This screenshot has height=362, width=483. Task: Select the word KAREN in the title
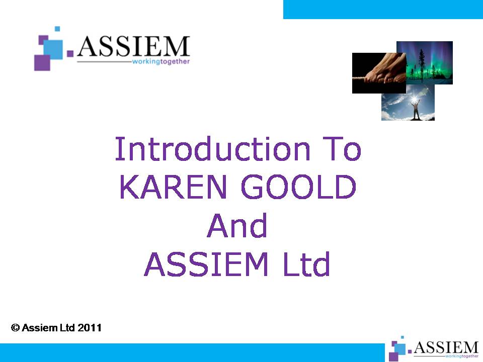[173, 187]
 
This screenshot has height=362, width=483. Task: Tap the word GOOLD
[298, 187]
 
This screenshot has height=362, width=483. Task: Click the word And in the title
[237, 225]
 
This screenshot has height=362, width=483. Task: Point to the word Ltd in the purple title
[306, 264]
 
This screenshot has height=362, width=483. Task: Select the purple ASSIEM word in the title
[206, 264]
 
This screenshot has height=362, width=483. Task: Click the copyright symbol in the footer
[16, 327]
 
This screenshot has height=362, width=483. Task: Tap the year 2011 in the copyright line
[90, 327]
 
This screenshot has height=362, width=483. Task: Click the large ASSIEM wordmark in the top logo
[133, 46]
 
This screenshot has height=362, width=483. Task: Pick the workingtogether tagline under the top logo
[161, 61]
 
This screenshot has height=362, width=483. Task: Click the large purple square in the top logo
[42, 62]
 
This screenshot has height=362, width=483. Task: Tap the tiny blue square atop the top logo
[57, 29]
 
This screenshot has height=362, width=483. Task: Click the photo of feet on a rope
[379, 73]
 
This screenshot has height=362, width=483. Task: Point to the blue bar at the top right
[383, 10]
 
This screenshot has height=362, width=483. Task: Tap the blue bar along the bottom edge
[192, 353]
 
